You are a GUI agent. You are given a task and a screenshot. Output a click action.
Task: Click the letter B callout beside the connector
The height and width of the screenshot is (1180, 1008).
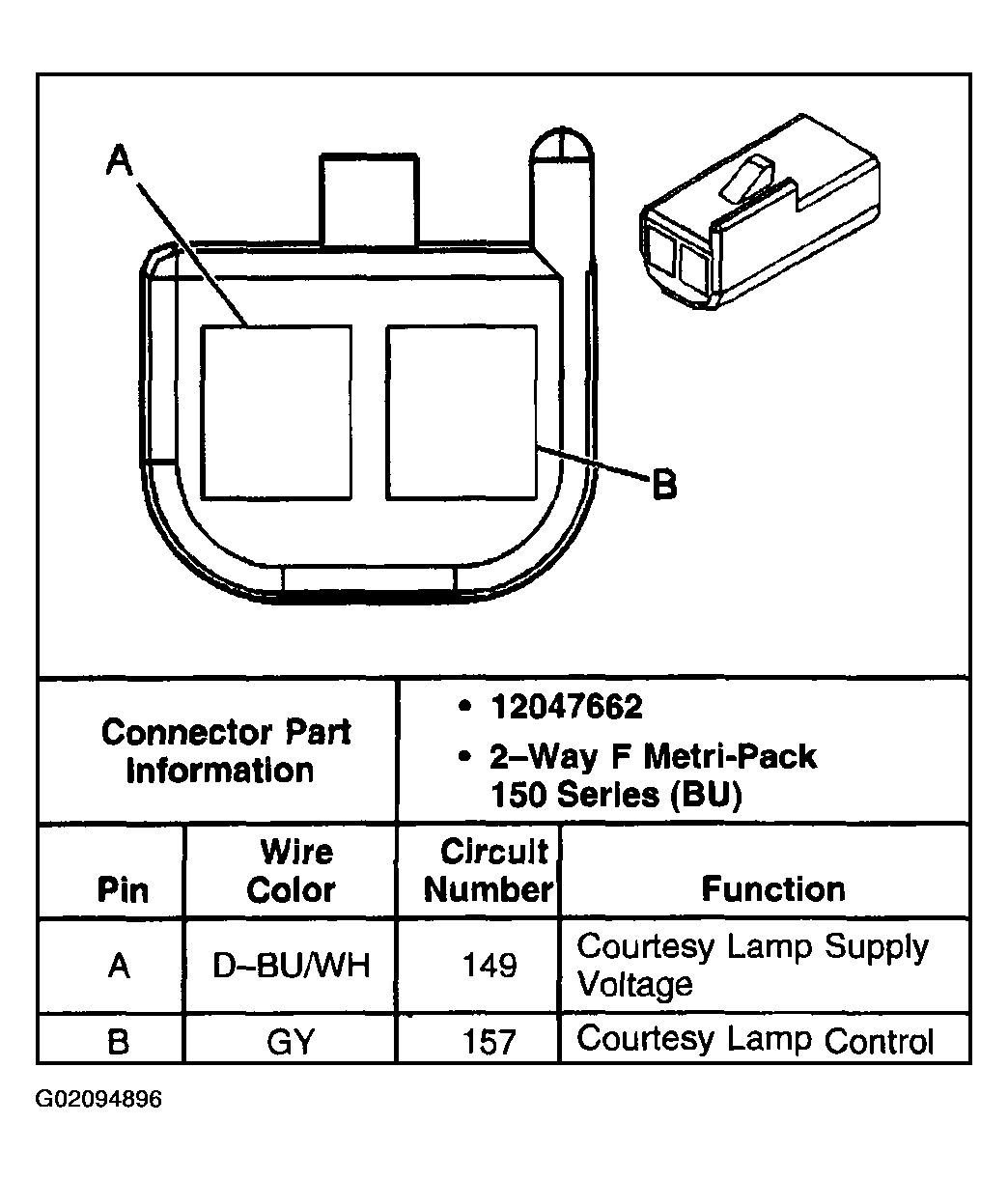pyautogui.click(x=664, y=484)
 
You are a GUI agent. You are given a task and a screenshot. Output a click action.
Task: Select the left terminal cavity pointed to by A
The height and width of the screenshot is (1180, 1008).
pyautogui.click(x=276, y=412)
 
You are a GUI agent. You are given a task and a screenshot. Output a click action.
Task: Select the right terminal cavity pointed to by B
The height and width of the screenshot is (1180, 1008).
pyautogui.click(x=462, y=412)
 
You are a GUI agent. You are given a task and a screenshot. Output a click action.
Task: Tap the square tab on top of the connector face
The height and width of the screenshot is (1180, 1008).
pyautogui.click(x=370, y=199)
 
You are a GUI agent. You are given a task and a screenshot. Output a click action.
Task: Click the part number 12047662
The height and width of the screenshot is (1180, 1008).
pyautogui.click(x=566, y=707)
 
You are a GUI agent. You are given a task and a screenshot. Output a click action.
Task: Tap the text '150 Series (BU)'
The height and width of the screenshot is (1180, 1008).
pyautogui.click(x=616, y=795)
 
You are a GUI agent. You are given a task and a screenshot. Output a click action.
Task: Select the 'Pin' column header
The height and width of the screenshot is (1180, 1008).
pyautogui.click(x=124, y=889)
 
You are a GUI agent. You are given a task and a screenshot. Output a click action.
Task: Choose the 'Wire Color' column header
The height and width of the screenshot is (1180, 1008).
pyautogui.click(x=292, y=871)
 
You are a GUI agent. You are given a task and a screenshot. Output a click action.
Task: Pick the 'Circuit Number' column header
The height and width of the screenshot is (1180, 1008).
pyautogui.click(x=490, y=871)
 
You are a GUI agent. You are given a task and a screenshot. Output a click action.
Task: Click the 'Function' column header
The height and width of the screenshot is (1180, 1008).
pyautogui.click(x=772, y=888)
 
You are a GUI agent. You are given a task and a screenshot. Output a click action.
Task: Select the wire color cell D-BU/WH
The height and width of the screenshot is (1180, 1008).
pyautogui.click(x=291, y=966)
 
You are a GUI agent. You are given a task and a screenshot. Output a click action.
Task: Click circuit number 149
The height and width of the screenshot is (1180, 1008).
pyautogui.click(x=490, y=966)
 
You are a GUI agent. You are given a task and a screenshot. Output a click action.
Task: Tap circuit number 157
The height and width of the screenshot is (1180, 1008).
pyautogui.click(x=490, y=1041)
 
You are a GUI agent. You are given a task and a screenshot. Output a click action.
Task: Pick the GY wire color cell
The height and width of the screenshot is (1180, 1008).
pyautogui.click(x=291, y=1041)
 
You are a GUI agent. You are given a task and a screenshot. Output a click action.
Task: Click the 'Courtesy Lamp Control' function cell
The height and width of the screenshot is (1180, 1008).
pyautogui.click(x=755, y=1040)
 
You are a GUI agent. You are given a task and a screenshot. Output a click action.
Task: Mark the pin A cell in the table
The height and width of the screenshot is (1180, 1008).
pyautogui.click(x=119, y=966)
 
